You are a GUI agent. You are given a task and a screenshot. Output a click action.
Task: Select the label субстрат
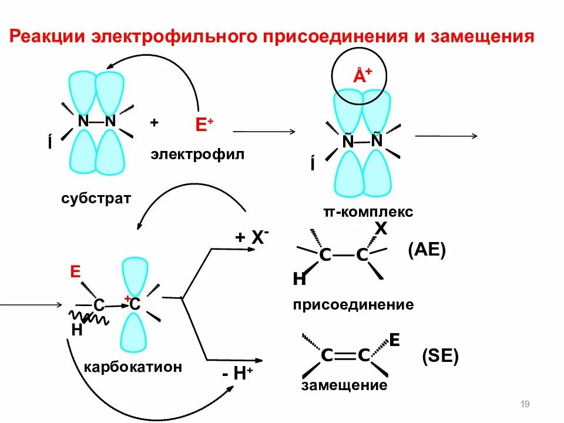click(96, 198)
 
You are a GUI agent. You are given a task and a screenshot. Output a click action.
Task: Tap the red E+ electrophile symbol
click(204, 125)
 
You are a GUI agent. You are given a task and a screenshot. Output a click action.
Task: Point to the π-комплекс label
click(368, 211)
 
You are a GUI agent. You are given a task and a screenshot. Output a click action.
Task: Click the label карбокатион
click(133, 367)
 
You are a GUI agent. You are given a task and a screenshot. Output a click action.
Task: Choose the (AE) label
click(427, 251)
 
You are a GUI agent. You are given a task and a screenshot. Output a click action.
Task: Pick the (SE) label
click(440, 356)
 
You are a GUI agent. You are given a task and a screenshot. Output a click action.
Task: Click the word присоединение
click(353, 304)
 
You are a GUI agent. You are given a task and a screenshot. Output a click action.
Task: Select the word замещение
click(344, 385)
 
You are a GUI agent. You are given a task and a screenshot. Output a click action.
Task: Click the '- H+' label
click(237, 375)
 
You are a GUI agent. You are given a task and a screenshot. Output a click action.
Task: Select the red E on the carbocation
click(75, 271)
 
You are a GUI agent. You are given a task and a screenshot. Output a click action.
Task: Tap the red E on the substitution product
click(395, 340)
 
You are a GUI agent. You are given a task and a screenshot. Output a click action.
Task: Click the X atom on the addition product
click(381, 229)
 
